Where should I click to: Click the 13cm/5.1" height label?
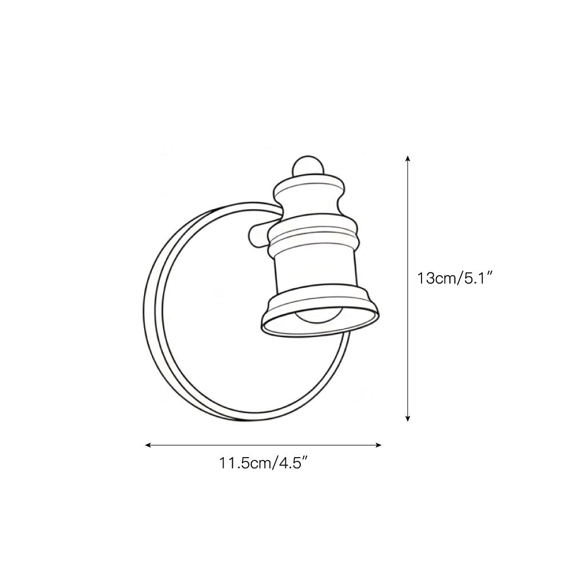click(x=455, y=279)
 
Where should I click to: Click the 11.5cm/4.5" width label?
click(x=264, y=463)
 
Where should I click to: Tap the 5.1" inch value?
click(x=476, y=279)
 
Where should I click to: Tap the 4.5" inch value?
click(x=293, y=463)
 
